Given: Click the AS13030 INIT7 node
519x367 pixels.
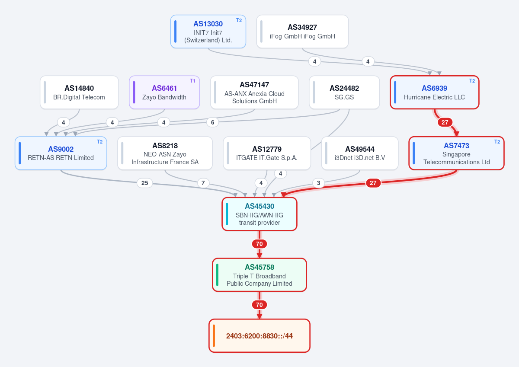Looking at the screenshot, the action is (208, 32).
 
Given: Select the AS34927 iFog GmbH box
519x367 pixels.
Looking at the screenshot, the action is (302, 32).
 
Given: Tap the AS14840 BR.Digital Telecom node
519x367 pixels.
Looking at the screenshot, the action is (79, 93).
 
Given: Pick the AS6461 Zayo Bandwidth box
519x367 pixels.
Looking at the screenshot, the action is (164, 93).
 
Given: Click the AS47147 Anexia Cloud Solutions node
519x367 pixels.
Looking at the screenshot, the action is (254, 93).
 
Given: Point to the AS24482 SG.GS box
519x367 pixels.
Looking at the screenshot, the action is (344, 93).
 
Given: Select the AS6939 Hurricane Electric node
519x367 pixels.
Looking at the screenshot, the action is (434, 93).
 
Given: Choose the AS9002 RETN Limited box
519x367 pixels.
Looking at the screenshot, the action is (61, 153).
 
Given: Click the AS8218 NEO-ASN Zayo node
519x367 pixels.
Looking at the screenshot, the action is (165, 153).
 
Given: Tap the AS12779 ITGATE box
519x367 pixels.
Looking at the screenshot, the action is (267, 153).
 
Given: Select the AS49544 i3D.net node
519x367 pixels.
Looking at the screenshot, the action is (360, 153).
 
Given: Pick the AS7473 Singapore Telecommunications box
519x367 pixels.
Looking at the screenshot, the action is (456, 153).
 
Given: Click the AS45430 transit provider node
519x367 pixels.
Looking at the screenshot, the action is (259, 214).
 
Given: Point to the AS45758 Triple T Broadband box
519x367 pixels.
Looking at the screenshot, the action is (259, 275).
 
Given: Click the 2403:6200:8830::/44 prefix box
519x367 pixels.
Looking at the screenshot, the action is (259, 336).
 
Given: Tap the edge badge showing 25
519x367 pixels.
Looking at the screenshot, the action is (144, 183).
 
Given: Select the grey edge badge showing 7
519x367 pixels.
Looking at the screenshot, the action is (203, 183).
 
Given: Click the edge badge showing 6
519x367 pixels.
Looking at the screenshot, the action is (212, 122).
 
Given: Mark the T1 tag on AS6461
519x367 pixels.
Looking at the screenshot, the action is (192, 81).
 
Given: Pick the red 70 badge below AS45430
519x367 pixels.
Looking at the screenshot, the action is (259, 244).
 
